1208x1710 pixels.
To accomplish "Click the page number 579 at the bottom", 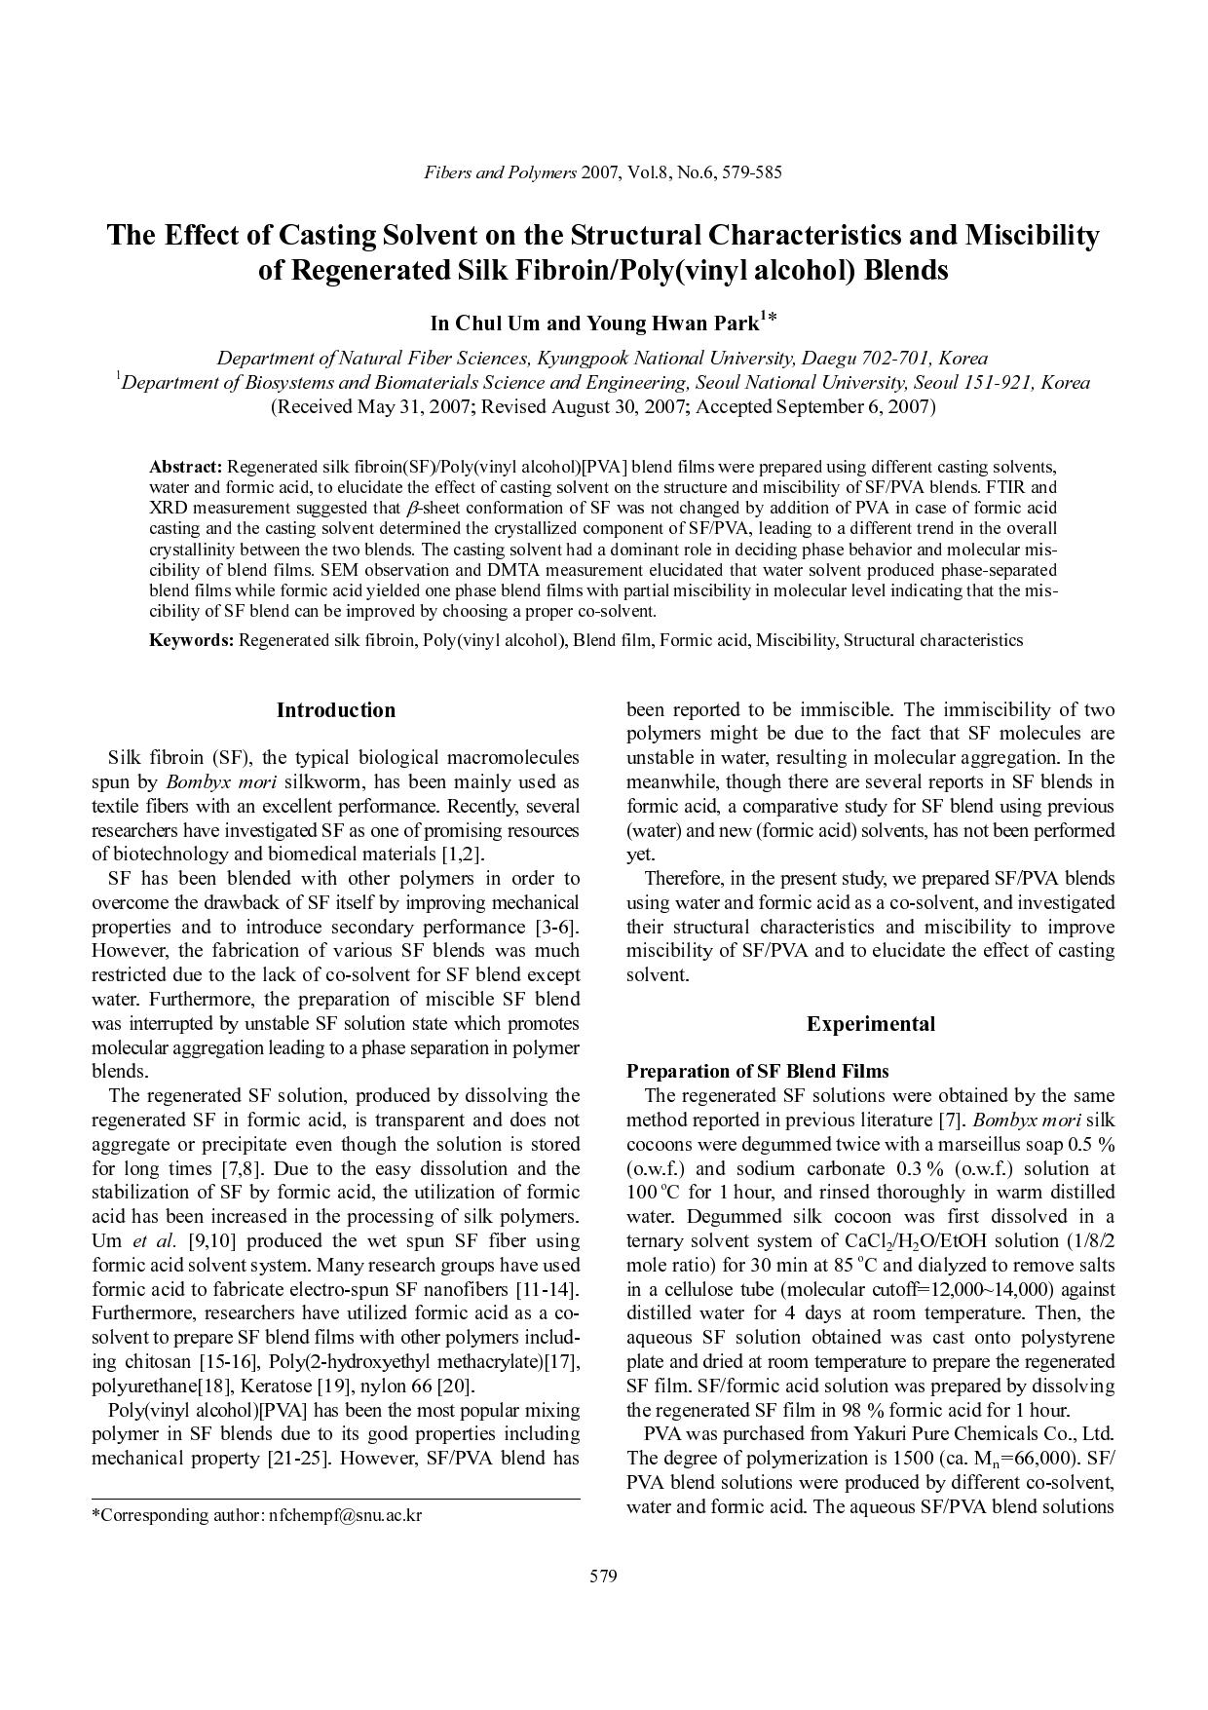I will pyautogui.click(x=603, y=1577).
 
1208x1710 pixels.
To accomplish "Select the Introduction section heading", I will pyautogui.click(x=336, y=710).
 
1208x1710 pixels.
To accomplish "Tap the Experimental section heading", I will pyautogui.click(x=870, y=1024).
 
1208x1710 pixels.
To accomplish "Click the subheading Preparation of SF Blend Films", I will pyautogui.click(x=757, y=1071).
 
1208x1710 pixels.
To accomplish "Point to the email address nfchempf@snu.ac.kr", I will pyautogui.click(x=345, y=1515).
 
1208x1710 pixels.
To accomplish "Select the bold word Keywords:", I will pyautogui.click(x=191, y=640).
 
